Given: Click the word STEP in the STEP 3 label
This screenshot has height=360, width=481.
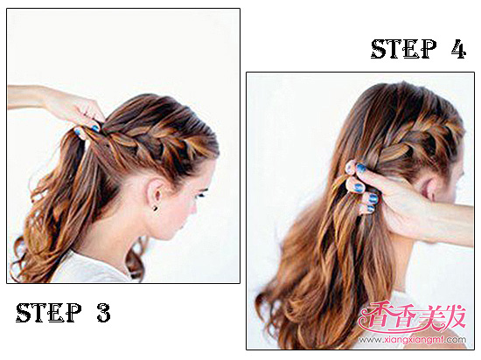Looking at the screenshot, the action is tap(48, 312).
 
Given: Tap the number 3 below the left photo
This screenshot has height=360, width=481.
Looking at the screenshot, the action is tap(104, 312).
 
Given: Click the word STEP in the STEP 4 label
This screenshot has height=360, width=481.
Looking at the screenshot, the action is tap(403, 49).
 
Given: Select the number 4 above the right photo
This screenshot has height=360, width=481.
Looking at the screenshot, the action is tap(458, 49).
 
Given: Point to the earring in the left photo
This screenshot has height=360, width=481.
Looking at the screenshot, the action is tap(156, 208).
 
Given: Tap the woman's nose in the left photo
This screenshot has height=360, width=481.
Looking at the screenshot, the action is tap(194, 209).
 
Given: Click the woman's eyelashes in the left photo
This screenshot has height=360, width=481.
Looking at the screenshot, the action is tap(202, 194).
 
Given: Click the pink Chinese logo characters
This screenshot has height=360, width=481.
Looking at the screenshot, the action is tap(412, 317).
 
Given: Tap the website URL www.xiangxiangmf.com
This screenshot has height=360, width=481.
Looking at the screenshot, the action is tap(413, 340).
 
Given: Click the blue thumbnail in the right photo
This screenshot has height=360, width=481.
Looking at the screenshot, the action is tap(360, 167).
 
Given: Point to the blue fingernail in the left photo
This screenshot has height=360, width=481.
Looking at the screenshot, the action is tap(95, 128).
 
